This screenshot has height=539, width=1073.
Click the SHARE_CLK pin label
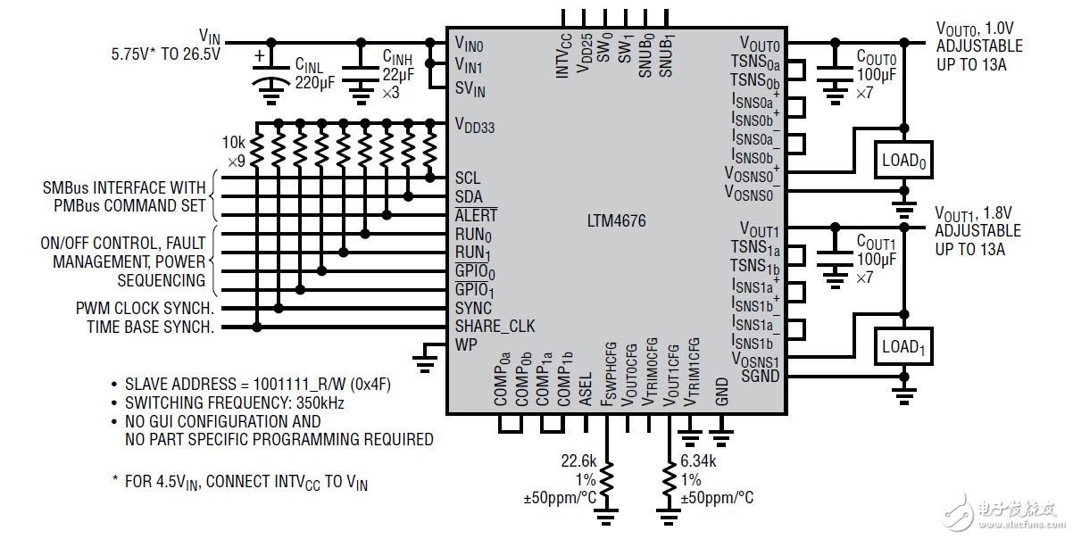click(495, 327)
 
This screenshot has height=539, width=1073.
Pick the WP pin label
click(465, 344)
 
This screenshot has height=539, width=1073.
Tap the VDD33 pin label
click(475, 126)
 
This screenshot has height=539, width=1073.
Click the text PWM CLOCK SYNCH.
click(145, 309)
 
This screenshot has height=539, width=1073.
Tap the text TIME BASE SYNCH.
click(150, 328)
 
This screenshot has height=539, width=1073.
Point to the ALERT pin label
click(476, 216)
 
